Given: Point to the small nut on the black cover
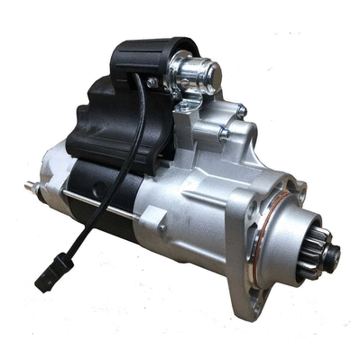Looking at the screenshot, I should pyautogui.click(x=152, y=82).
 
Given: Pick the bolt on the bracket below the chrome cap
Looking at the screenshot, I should pyautogui.click(x=187, y=107).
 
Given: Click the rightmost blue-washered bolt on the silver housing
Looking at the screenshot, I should pyautogui.click(x=241, y=112).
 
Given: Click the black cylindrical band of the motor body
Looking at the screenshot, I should pyautogui.click(x=99, y=180).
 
